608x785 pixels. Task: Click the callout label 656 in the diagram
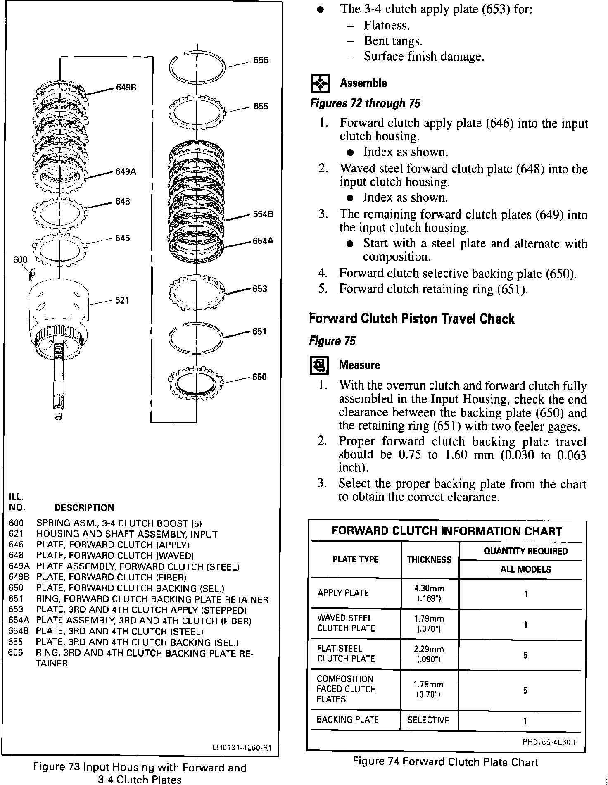pos(261,60)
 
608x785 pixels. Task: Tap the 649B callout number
pos(126,88)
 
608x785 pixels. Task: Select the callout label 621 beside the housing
pos(122,300)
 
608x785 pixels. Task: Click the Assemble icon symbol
pos(320,83)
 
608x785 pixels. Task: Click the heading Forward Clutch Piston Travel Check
pos(412,319)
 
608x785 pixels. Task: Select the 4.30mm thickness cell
pos(429,593)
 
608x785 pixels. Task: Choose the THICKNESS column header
pos(429,560)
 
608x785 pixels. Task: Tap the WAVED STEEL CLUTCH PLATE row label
pos(346,623)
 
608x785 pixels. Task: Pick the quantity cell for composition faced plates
pos(525,690)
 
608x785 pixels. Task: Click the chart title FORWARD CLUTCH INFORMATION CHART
pos(447,531)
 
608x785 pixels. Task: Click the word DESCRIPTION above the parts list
pos(84,508)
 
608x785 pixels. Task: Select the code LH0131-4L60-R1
pos(242,747)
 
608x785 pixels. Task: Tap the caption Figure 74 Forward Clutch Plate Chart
pos(445,762)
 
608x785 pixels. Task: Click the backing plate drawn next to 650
pos(196,383)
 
